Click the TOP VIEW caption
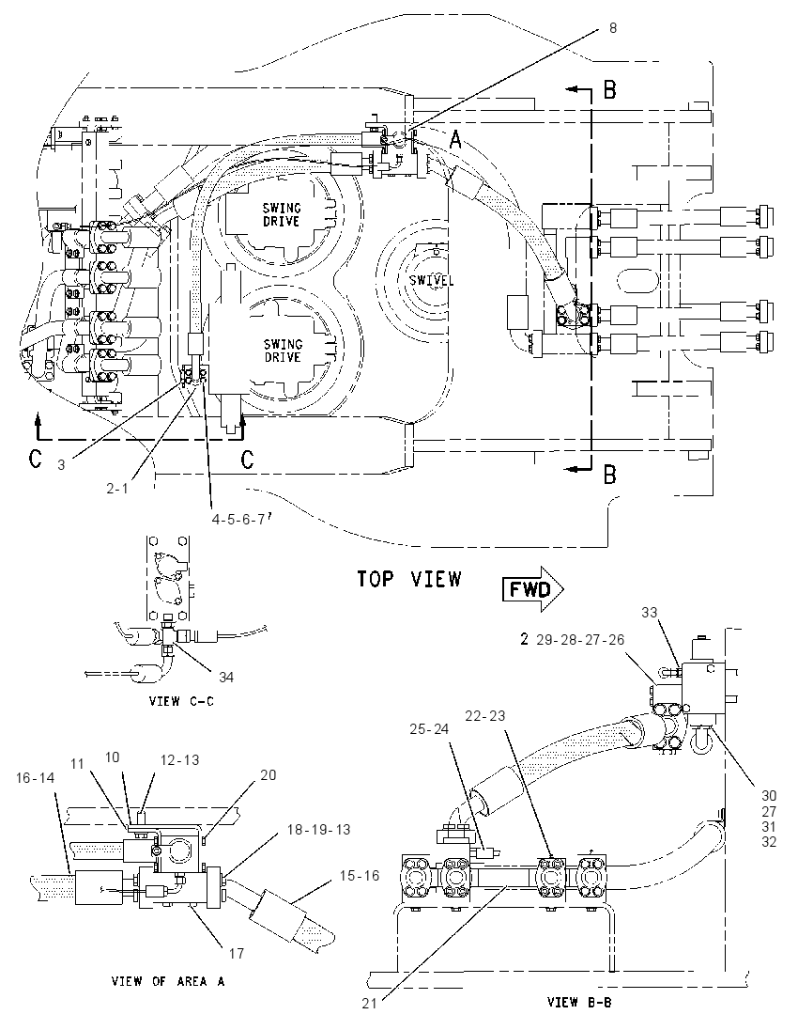click(408, 579)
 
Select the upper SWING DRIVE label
click(281, 215)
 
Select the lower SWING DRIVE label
click(283, 351)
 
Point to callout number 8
click(613, 28)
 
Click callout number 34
click(225, 677)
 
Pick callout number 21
click(370, 1003)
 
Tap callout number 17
click(237, 953)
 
